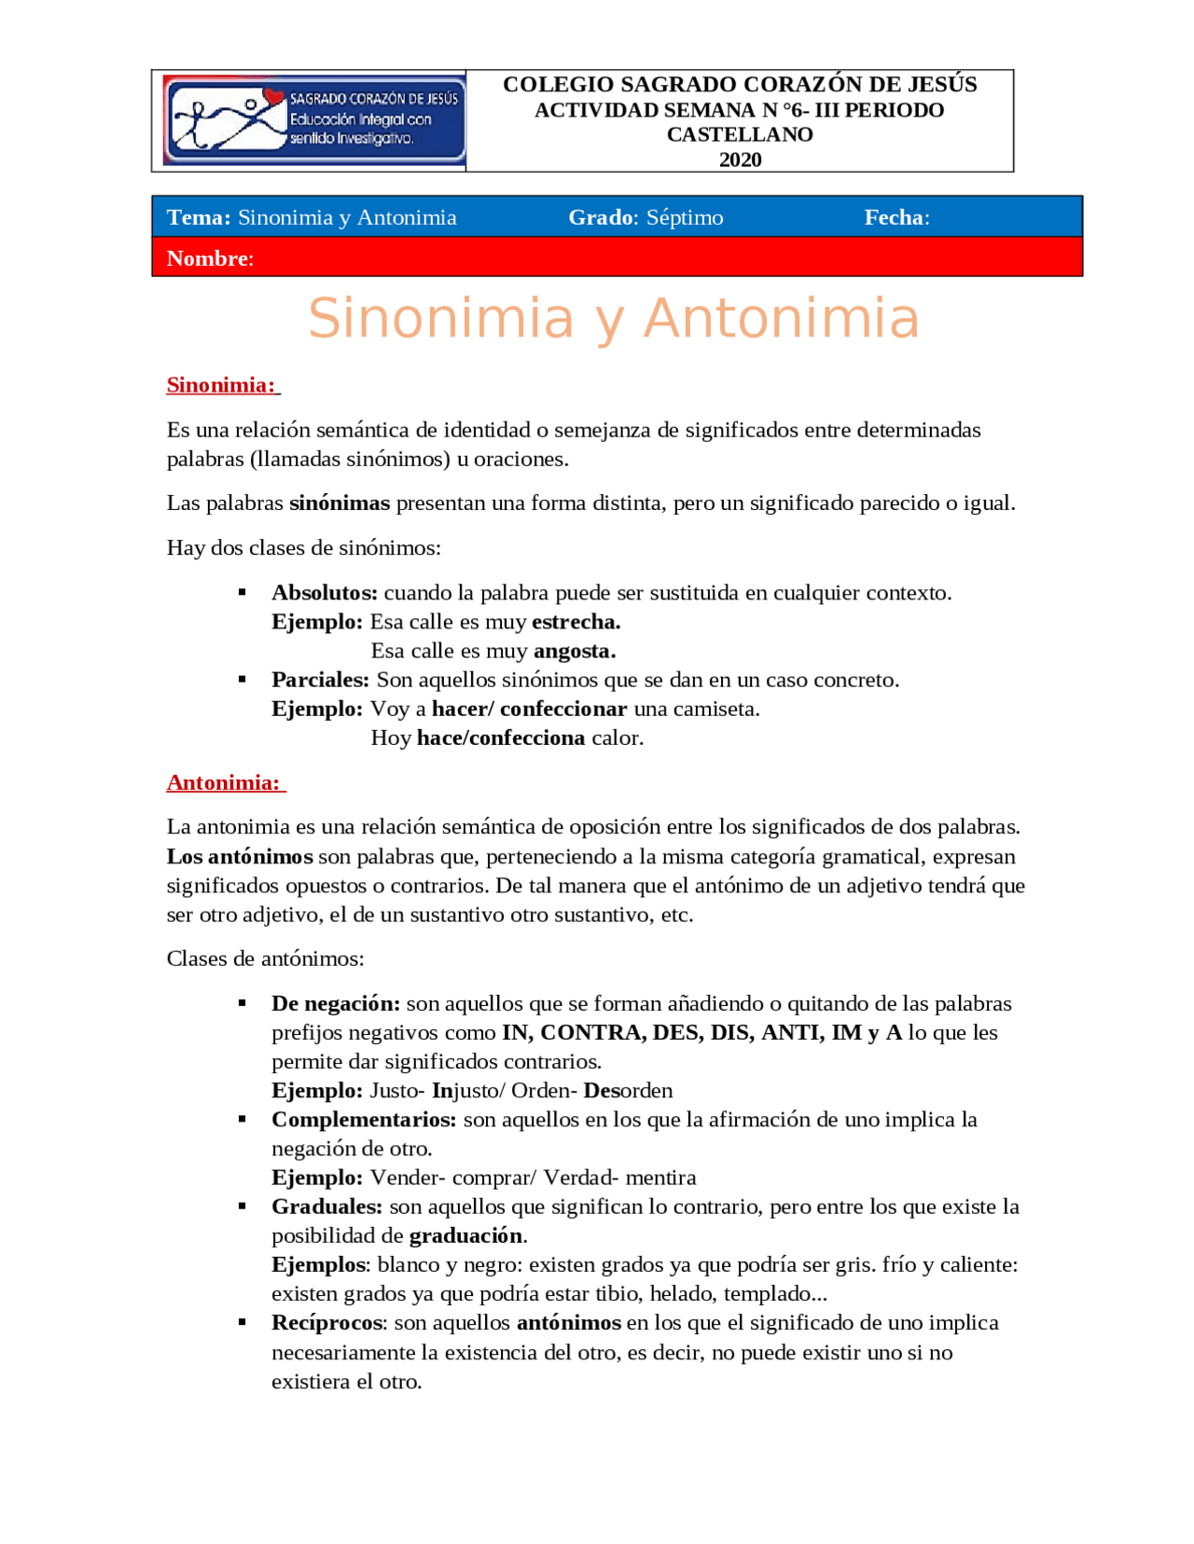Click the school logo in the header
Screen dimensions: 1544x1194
click(313, 120)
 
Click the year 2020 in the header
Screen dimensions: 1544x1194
click(740, 159)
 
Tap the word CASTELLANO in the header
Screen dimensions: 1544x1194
click(740, 134)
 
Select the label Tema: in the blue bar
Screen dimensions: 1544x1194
click(199, 217)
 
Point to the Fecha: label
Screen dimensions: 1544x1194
click(895, 217)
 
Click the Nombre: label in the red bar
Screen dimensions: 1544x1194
click(210, 258)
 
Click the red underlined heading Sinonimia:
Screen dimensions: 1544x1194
click(221, 385)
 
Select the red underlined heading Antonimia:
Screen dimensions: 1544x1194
click(224, 782)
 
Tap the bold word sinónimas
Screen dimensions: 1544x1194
click(340, 503)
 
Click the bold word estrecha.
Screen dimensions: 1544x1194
click(576, 622)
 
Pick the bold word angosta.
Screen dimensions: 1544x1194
click(574, 651)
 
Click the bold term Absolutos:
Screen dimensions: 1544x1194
click(324, 593)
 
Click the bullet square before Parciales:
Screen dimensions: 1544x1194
click(243, 680)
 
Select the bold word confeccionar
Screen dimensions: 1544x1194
click(563, 709)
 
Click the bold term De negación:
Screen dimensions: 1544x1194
click(335, 1003)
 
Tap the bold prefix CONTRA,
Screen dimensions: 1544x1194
click(592, 1032)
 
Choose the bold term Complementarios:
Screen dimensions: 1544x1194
click(364, 1119)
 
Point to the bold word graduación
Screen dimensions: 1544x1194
click(466, 1235)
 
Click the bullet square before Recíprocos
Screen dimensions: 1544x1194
click(243, 1322)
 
